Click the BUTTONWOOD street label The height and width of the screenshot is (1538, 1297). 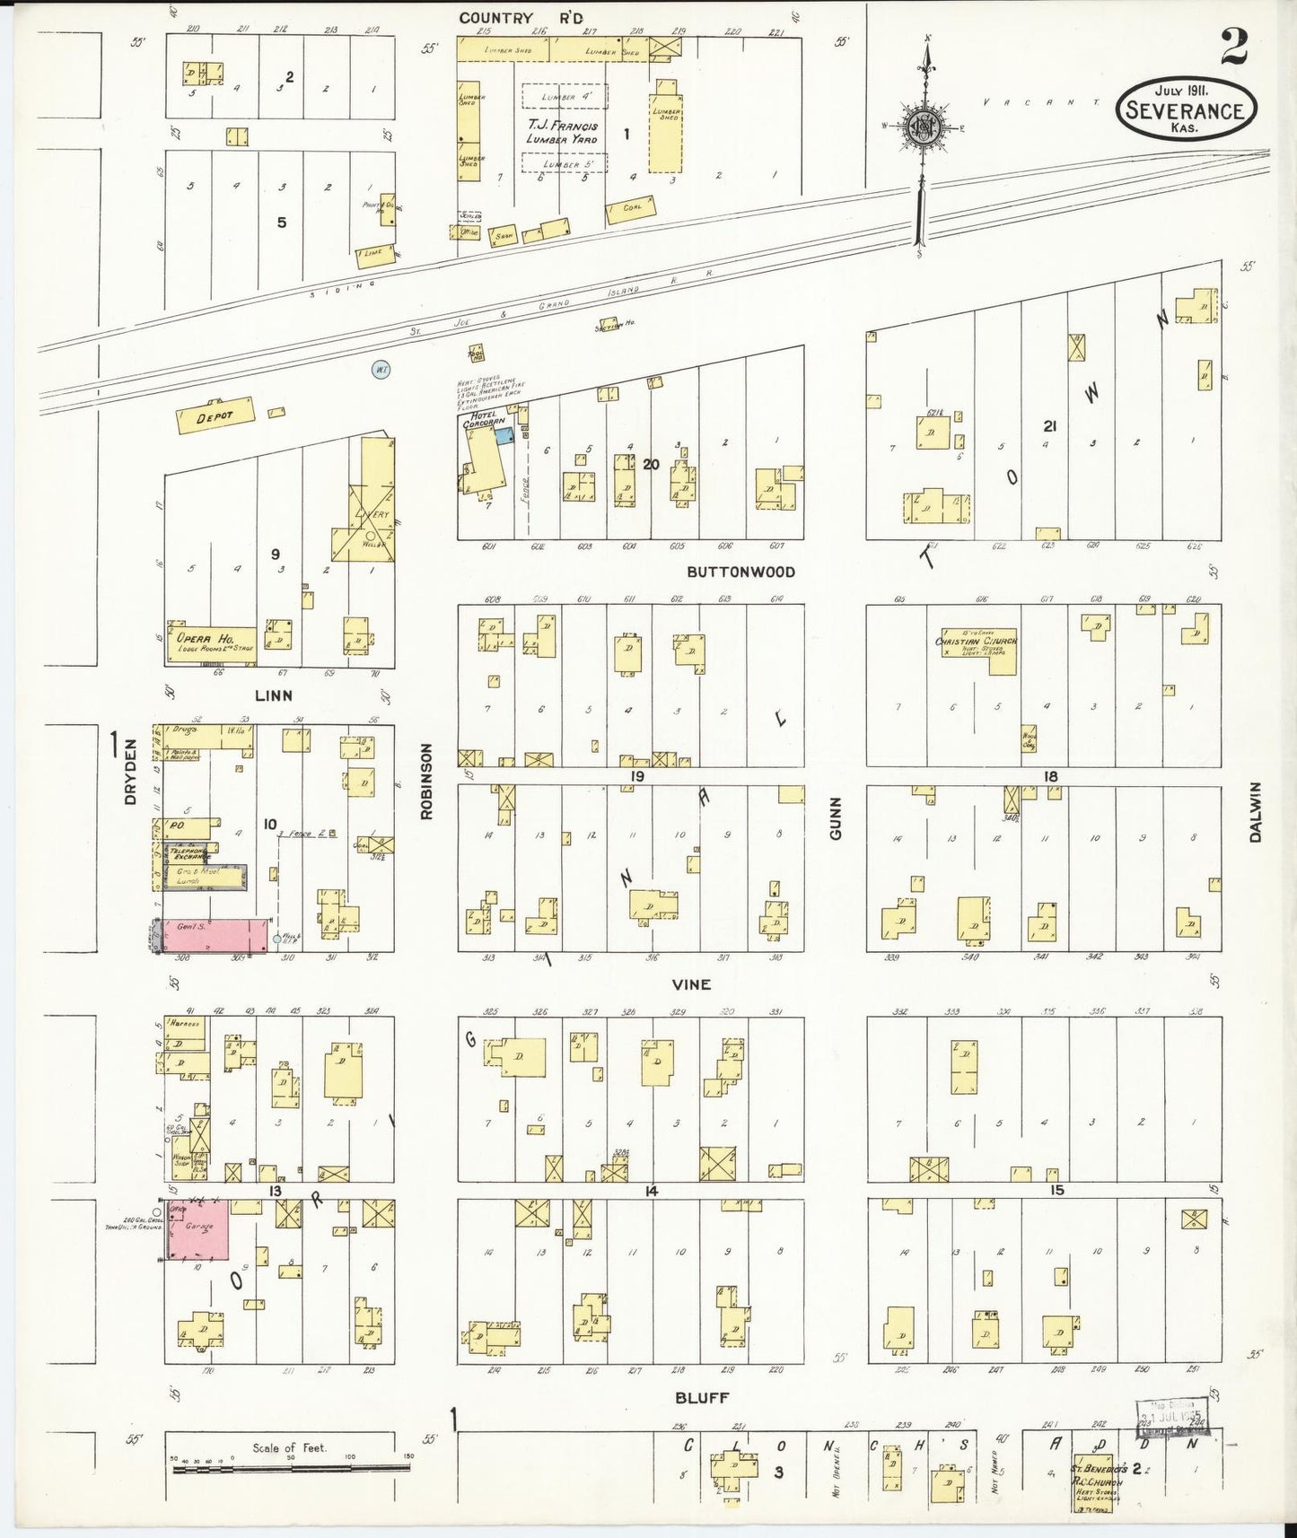(741, 572)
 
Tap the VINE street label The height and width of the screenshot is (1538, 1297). (691, 984)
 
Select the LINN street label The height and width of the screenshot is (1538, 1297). (273, 695)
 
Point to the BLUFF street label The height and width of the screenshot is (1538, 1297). (702, 1397)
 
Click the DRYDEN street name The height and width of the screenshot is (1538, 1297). (130, 771)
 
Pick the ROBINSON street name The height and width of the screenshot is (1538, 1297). (426, 781)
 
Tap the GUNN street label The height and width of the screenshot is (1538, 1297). (836, 818)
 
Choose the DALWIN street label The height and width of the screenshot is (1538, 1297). (1255, 812)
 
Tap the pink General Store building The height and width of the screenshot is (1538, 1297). (214, 935)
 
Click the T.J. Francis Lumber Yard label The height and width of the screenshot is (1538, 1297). (563, 132)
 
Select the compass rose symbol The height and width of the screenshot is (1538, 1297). (921, 125)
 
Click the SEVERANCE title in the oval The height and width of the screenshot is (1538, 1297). (1185, 111)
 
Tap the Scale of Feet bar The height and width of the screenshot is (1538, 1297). (289, 1469)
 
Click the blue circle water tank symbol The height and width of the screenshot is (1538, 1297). (381, 369)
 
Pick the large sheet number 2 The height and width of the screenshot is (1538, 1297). (1233, 47)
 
